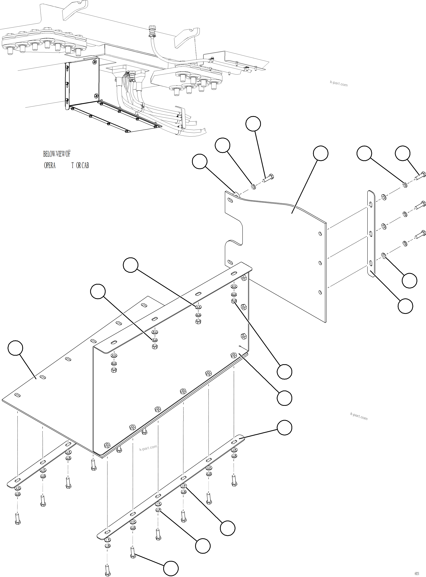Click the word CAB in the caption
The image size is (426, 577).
[x=85, y=165]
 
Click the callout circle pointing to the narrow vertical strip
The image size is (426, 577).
[x=405, y=306]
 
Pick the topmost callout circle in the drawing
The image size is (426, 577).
[x=253, y=124]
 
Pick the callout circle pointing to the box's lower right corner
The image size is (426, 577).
[x=284, y=398]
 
